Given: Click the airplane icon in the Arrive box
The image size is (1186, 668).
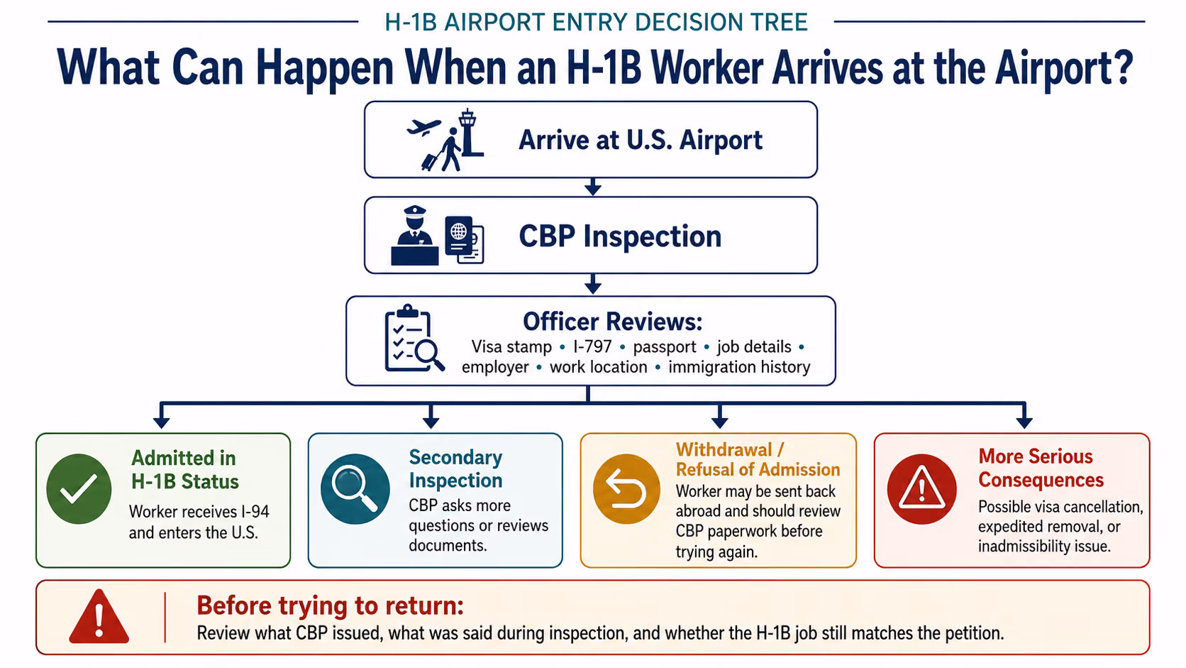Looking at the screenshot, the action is pos(423,128).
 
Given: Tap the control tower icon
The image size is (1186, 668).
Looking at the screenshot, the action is pos(470,133).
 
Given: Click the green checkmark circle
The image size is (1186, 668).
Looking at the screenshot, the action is pos(79,489).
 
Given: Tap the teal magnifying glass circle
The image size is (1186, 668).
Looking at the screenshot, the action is pos(355,489).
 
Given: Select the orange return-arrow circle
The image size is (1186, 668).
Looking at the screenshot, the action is pos(626,489).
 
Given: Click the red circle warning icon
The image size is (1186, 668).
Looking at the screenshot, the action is pos(922,489).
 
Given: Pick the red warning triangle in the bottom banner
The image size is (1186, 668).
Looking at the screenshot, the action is pos(99,617).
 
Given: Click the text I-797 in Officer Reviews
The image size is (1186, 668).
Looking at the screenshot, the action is pos(592,347).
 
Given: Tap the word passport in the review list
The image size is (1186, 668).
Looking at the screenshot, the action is pos(665,348).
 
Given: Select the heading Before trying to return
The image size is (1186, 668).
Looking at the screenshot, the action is pos(330,606).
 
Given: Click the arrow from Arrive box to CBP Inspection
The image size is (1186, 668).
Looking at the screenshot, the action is pos(592,187).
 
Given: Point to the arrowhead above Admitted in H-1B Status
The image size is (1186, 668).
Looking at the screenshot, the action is pos(162,422).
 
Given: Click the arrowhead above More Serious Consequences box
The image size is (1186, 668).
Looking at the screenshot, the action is pos(1024,422).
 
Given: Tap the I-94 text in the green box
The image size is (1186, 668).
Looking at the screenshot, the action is pos(255,512).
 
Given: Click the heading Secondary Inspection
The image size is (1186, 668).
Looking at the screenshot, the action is pos(456,469).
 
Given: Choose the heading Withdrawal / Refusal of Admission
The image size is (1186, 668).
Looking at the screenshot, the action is pos(758,459).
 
